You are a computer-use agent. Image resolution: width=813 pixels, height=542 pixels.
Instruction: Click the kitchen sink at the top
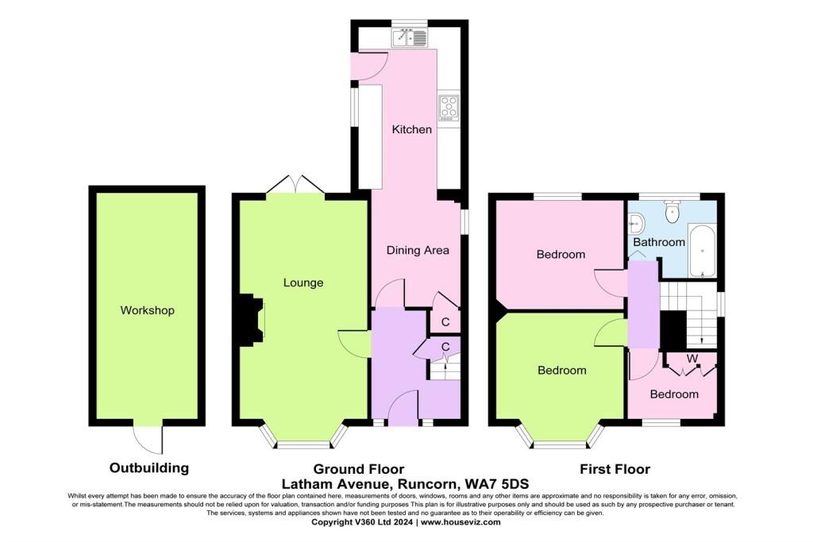point(410,37)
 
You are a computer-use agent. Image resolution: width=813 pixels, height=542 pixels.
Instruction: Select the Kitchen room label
point(412,129)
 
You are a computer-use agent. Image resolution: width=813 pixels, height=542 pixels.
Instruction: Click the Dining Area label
point(418,250)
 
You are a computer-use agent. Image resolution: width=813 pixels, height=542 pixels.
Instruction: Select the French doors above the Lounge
point(295,184)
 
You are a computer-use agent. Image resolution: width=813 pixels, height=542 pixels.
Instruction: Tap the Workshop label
point(147,310)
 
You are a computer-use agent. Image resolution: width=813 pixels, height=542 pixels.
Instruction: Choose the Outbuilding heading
point(149,468)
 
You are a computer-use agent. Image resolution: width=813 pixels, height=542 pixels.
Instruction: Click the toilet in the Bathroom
point(672,213)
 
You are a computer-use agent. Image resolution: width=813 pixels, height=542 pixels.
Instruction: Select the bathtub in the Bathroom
point(702,251)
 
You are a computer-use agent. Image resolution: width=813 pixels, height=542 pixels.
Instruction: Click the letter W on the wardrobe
point(692,359)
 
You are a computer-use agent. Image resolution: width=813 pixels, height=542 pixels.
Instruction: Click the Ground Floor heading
point(358,469)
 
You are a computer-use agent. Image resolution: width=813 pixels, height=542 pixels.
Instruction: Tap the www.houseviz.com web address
point(460,522)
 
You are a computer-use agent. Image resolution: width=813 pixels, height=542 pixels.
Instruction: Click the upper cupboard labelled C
point(445,321)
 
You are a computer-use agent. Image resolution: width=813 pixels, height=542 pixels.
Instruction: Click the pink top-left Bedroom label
point(561,255)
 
